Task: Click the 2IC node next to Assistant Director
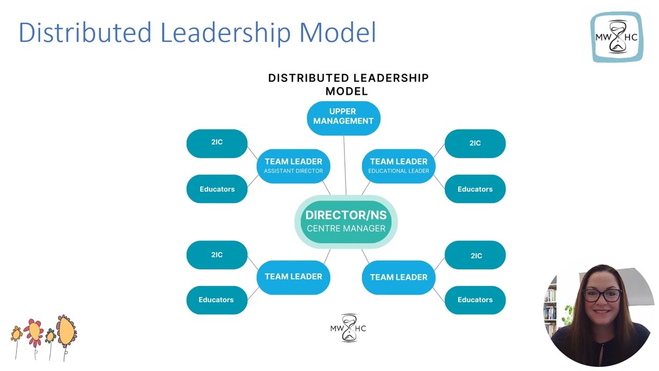pyautogui.click(x=217, y=143)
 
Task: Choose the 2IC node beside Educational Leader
pyautogui.click(x=475, y=143)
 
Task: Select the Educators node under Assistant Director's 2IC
pyautogui.click(x=217, y=189)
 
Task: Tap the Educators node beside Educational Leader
pyautogui.click(x=475, y=189)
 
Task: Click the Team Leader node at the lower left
pyautogui.click(x=293, y=277)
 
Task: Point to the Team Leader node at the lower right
pyautogui.click(x=398, y=277)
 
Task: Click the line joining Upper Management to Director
pyautogui.click(x=345, y=165)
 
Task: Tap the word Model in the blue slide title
pyautogui.click(x=338, y=32)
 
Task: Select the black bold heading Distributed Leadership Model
pyautogui.click(x=348, y=85)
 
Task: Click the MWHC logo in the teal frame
pyautogui.click(x=616, y=37)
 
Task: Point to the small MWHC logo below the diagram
pyautogui.click(x=348, y=328)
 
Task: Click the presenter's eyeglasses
pyautogui.click(x=602, y=295)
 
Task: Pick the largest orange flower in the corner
pyautogui.click(x=66, y=330)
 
